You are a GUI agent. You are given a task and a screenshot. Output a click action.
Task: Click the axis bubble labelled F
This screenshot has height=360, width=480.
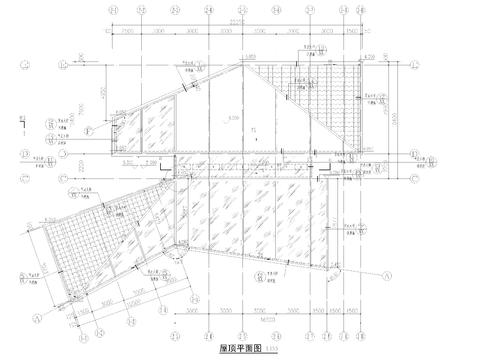pyautogui.click(x=87, y=131)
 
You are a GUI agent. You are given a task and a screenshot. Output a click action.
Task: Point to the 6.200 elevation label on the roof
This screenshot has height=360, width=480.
pyautogui.click(x=232, y=118)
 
